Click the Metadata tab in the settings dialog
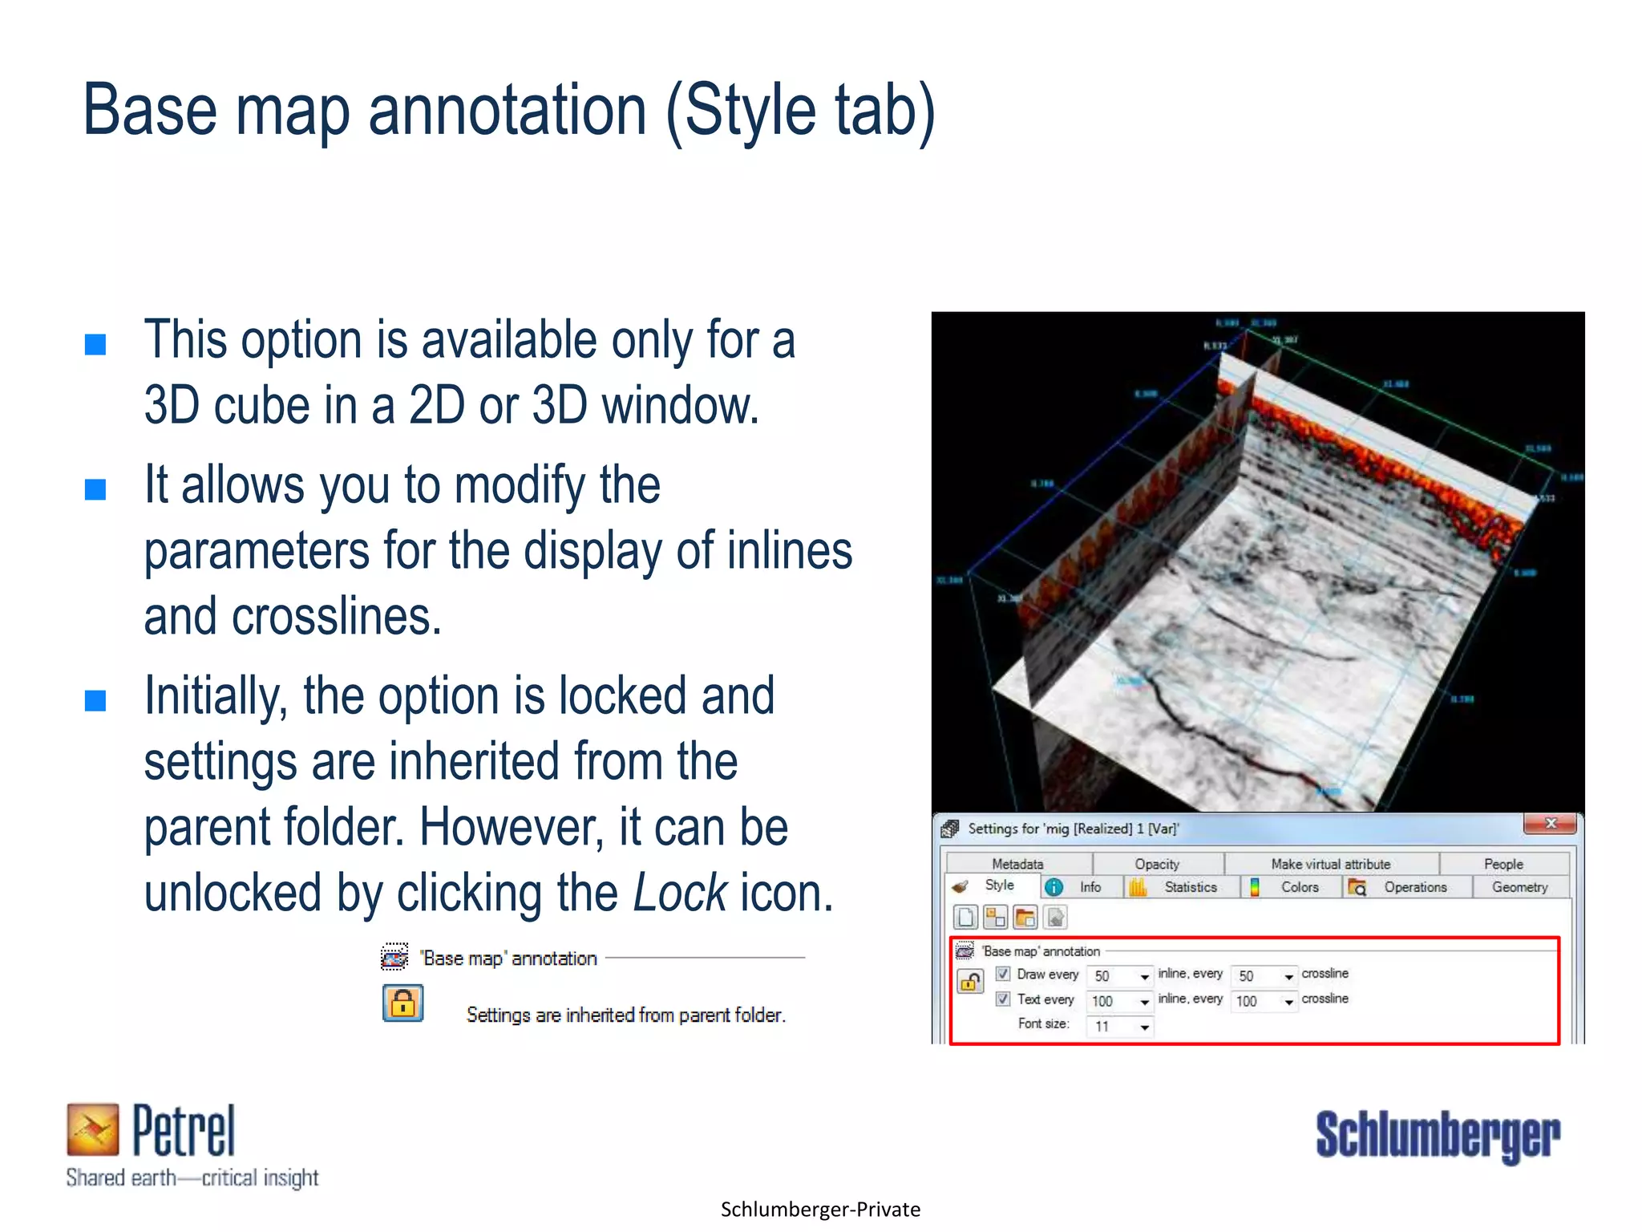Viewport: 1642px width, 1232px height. click(x=1017, y=864)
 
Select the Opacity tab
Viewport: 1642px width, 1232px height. click(x=1157, y=864)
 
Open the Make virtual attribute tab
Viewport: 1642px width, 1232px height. click(x=1330, y=864)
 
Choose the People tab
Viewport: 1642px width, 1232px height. click(x=1502, y=864)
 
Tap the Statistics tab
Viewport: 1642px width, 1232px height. click(x=1190, y=887)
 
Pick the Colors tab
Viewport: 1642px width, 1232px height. click(x=1299, y=887)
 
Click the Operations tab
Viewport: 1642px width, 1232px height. click(x=1414, y=887)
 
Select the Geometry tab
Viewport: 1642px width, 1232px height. click(x=1519, y=887)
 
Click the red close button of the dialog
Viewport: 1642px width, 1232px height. click(x=1551, y=824)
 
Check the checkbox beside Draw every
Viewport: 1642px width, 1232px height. click(x=1003, y=974)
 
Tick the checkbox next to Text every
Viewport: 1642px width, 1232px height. click(x=1003, y=999)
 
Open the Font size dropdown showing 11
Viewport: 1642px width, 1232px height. click(x=1144, y=1027)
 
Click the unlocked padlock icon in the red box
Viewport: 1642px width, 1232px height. click(x=970, y=981)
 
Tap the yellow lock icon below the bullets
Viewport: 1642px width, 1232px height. click(x=403, y=1003)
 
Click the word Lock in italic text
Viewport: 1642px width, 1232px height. click(x=680, y=893)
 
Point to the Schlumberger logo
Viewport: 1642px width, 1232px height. click(x=1438, y=1135)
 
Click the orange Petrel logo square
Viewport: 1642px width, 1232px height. click(x=93, y=1129)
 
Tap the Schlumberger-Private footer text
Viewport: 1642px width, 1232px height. click(x=820, y=1210)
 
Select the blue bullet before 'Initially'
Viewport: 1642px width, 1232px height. click(x=95, y=700)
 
